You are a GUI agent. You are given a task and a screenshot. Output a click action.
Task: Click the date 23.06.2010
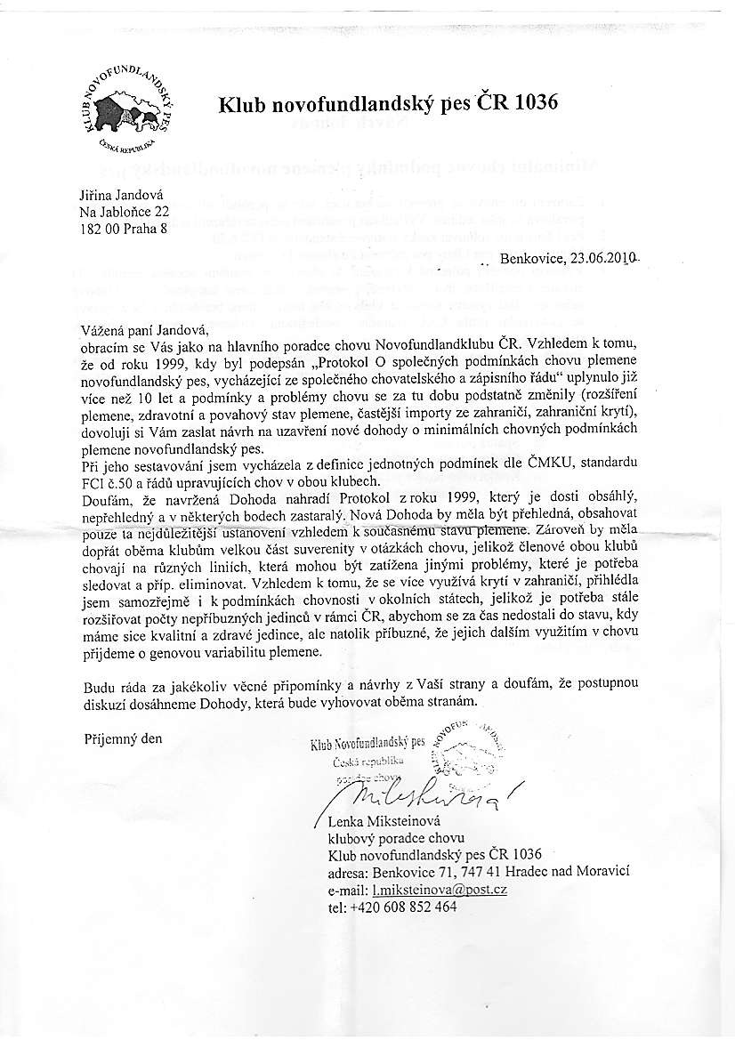point(595,259)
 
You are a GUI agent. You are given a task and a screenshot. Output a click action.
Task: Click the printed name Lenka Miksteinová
point(384,820)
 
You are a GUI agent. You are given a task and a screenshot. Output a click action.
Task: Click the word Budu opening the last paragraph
point(100,683)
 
